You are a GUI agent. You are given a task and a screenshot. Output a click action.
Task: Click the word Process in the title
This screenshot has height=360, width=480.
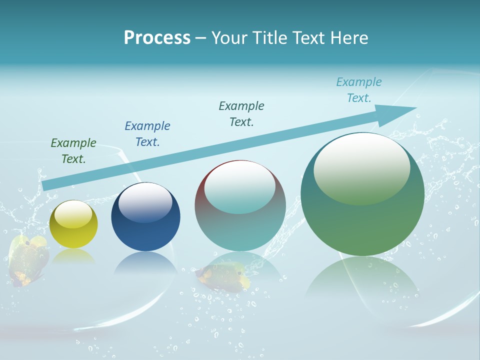(157, 38)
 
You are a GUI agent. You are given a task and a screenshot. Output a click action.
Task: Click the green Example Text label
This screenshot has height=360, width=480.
(73, 151)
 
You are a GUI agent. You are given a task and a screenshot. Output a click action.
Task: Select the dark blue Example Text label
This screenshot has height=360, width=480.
(147, 134)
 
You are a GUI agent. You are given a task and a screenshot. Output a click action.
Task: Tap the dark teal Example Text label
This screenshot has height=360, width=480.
(241, 114)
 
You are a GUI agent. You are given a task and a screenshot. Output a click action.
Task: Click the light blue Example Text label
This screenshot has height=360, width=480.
(359, 90)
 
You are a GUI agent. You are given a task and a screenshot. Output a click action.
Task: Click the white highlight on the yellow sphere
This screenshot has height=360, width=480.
(73, 214)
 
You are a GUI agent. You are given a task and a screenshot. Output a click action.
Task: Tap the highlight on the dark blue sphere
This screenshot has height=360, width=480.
(145, 202)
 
